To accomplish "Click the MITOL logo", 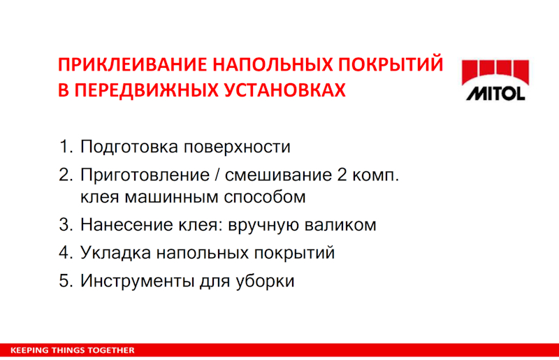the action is click(495, 80).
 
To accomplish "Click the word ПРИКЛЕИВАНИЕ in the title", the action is click(132, 65).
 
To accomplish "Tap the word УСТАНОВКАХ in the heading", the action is click(285, 90).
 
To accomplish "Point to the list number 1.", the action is click(66, 147).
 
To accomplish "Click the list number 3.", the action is click(66, 225).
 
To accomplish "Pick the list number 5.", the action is click(66, 281).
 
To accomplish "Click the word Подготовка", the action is click(129, 147).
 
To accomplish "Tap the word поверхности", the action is click(237, 147).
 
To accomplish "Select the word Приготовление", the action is click(145, 175).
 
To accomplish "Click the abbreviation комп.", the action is click(376, 175).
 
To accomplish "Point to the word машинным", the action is click(171, 197).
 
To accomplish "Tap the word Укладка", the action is click(115, 252).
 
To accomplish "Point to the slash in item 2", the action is click(217, 175).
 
